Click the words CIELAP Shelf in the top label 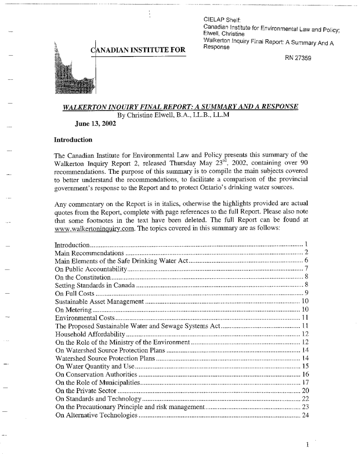(221, 19)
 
